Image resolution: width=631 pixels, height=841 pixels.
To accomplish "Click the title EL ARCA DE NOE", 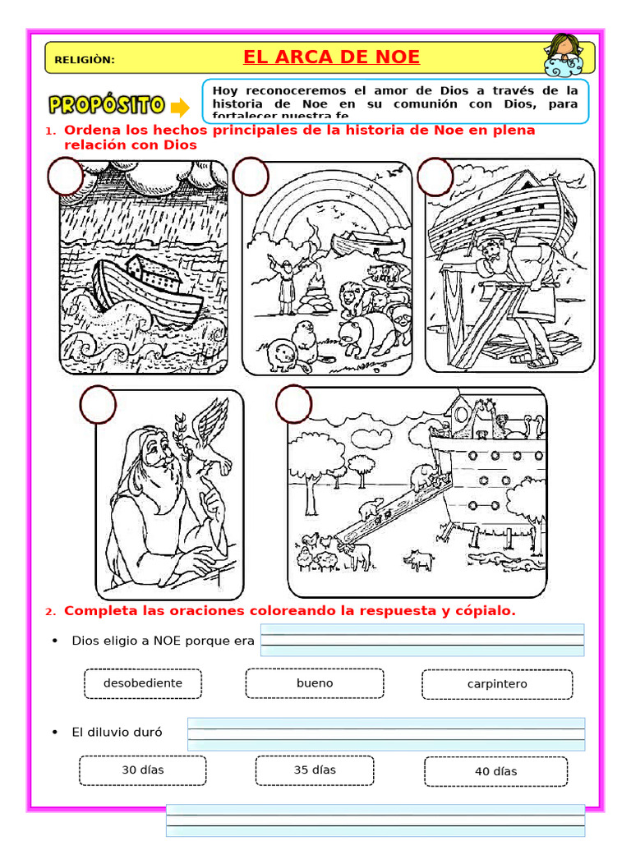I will click(331, 57).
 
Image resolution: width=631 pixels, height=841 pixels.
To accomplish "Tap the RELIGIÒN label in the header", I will click(84, 60).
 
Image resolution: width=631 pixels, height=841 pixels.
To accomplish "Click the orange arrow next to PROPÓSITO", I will click(179, 107).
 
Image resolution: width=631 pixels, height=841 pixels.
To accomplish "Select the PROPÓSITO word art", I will click(107, 105).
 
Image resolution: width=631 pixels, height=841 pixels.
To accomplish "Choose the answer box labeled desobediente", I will click(143, 683).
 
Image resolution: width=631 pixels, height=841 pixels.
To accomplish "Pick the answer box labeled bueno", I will click(315, 683).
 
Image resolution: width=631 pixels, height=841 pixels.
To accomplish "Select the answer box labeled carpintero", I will click(497, 684).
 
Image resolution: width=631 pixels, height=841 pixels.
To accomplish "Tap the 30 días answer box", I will click(142, 770).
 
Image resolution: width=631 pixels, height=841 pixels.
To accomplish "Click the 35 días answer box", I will click(315, 770).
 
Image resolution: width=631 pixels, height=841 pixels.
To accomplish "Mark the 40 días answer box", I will click(495, 771).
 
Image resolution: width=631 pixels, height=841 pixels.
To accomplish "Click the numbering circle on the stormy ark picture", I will click(66, 177).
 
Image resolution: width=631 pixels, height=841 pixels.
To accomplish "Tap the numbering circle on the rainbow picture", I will click(251, 177).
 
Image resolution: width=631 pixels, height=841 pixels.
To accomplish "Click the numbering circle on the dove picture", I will click(98, 405).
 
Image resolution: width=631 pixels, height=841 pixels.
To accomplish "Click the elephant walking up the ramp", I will click(420, 476).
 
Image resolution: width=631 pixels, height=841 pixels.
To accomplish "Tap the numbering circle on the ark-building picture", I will click(435, 177).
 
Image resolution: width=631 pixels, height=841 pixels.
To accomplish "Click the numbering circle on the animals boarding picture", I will click(293, 404).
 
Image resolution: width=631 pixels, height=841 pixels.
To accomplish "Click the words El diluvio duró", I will click(117, 732).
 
